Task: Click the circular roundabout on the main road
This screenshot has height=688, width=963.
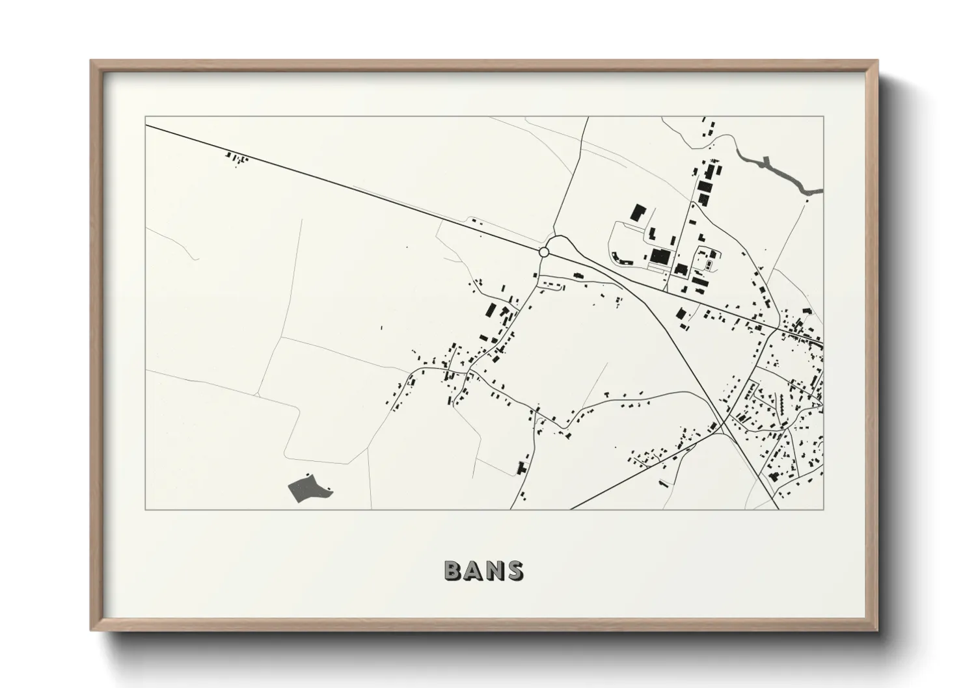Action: [x=544, y=252]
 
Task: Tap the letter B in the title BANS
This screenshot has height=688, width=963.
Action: [x=454, y=570]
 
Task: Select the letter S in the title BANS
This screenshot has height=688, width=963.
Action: [x=513, y=570]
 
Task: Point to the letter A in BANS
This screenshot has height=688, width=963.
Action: [x=474, y=570]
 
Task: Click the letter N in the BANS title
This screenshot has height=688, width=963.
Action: [x=494, y=570]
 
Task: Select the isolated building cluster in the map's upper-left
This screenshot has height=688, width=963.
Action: [x=236, y=157]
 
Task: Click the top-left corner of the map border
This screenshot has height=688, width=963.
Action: [x=146, y=117]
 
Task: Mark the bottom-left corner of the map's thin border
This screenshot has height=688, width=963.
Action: [x=146, y=509]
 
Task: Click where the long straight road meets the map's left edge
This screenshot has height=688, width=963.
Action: [x=146, y=126]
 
